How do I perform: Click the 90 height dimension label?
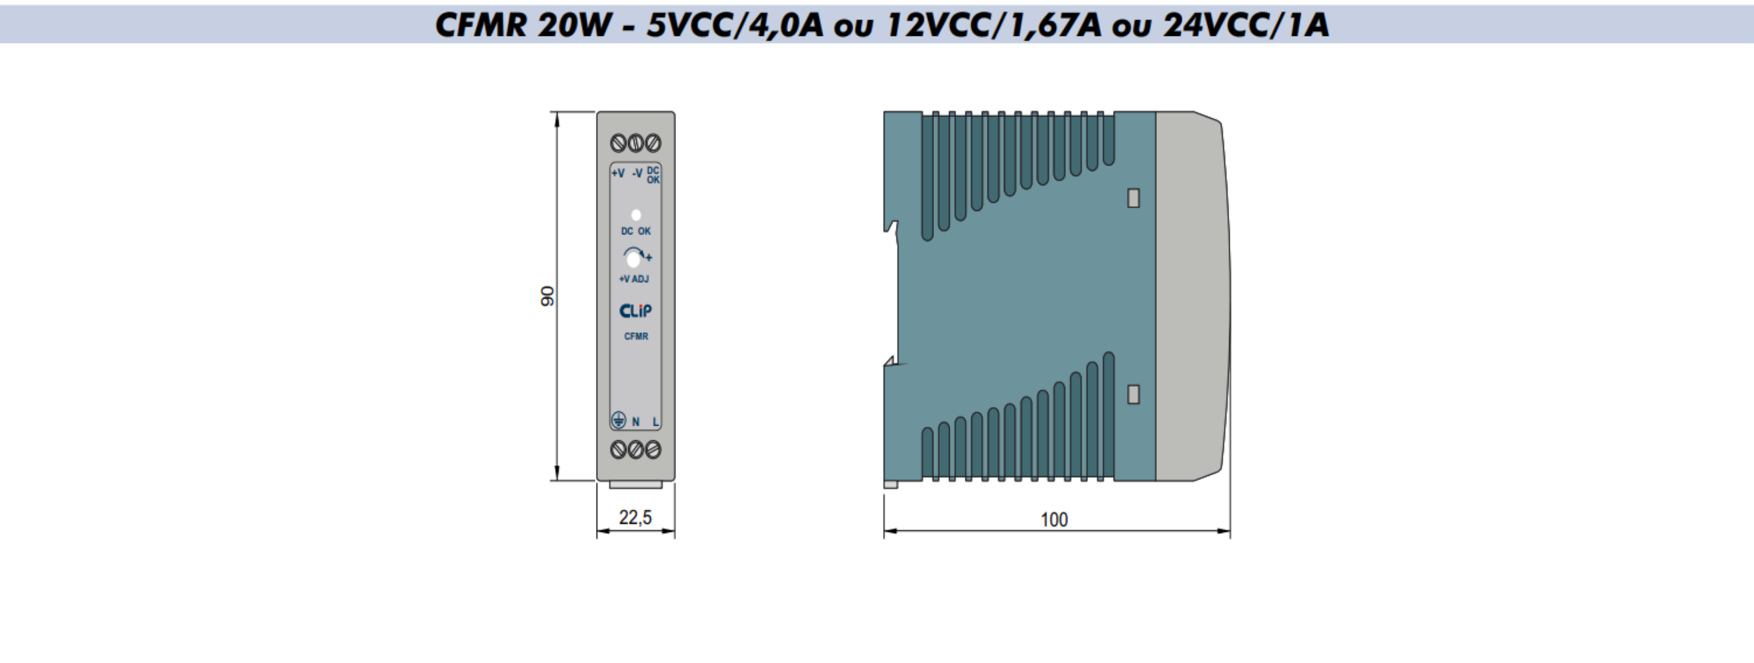coord(547,296)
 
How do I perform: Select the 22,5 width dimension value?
coord(635,517)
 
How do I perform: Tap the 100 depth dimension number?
coord(1054,520)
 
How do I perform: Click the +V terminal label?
coord(618,174)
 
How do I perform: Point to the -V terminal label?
coord(637,174)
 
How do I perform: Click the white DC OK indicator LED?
coord(636,215)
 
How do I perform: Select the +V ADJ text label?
coord(634,279)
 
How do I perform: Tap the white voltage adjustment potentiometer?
coord(633,259)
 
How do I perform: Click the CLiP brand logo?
coord(635,311)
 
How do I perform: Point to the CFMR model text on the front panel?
coord(636,336)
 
